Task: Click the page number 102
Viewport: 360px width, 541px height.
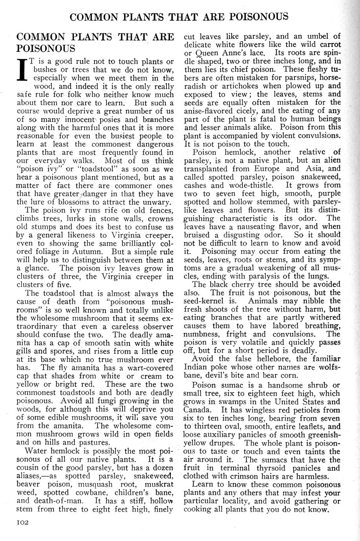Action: pos(24,522)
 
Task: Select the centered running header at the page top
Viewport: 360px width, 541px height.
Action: pos(179,17)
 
